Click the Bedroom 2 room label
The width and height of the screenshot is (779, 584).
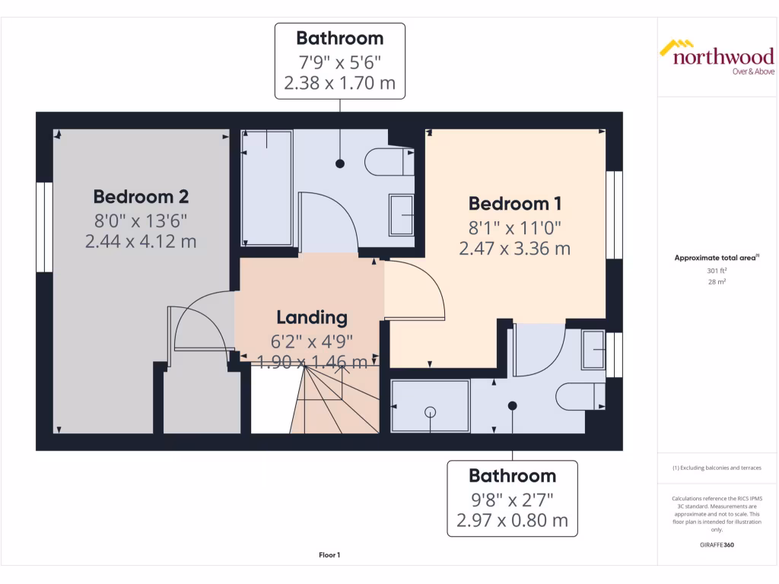[x=141, y=196]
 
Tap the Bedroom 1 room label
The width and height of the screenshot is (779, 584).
[x=514, y=203]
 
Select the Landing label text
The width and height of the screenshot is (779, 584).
[x=311, y=317]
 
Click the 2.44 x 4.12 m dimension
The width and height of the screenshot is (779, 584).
[x=141, y=241]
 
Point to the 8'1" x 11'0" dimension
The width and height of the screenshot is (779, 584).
[x=514, y=227]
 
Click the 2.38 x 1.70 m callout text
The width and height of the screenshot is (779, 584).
[x=339, y=83]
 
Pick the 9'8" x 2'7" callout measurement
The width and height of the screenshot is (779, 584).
[x=512, y=500]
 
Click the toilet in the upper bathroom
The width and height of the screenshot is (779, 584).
[x=388, y=161]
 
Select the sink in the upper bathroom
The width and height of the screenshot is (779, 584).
[x=401, y=214]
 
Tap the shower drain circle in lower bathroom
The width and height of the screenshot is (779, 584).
[x=430, y=411]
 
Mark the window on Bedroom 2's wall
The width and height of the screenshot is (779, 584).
[x=45, y=227]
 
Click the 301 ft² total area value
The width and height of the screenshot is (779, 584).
[x=716, y=270]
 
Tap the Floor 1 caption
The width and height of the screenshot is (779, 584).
[x=329, y=556]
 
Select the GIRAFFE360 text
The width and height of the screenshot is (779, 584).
[x=716, y=545]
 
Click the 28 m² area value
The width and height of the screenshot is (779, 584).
[x=716, y=281]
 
